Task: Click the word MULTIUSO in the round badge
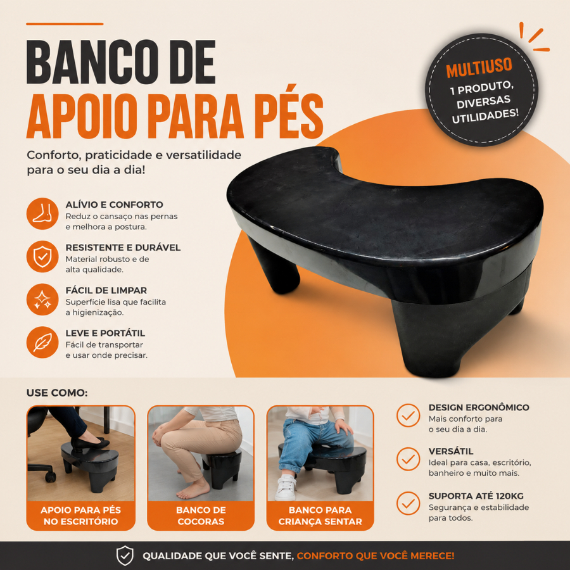479,68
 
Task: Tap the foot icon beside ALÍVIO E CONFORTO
42,213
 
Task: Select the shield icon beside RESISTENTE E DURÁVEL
42,256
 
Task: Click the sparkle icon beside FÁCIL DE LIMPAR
42,299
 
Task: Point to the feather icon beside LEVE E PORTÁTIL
42,342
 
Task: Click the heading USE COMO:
57,393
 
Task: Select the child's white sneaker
286,488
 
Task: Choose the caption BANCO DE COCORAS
201,516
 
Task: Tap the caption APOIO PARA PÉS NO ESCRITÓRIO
80,516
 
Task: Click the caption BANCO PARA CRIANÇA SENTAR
320,516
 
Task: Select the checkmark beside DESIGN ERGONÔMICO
408,415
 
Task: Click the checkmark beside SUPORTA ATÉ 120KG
408,503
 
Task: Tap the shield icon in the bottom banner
125,555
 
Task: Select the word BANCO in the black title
90,62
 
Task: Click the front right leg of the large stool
429,338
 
